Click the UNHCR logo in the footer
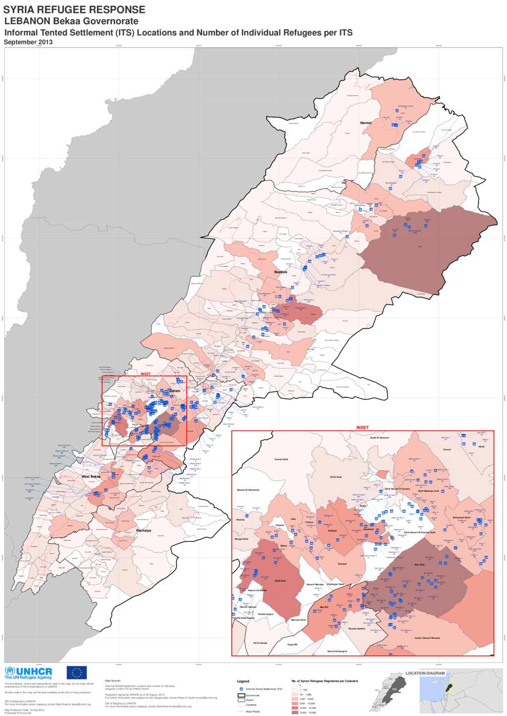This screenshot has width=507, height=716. coord(28,673)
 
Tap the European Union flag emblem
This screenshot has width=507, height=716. coord(77,672)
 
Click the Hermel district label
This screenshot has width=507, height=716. coord(366,123)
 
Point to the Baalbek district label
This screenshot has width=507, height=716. coord(281,272)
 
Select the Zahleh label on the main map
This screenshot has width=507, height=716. coord(174,391)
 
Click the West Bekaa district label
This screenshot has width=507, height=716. coord(91,477)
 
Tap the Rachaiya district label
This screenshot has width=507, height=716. coord(144,531)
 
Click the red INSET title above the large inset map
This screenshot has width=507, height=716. coord(362,427)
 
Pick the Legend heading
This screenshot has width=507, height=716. coord(243,681)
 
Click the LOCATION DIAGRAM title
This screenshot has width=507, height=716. coord(425,673)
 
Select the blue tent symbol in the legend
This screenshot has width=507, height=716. coord(241,689)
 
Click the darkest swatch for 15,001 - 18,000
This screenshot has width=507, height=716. coord(295,713)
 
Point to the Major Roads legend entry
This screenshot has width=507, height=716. coord(253,712)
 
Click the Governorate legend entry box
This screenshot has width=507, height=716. coord(242,695)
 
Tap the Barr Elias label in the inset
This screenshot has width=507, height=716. coord(419,564)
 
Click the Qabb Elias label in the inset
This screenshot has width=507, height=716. coord(280,581)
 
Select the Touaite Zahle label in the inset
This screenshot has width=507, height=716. coord(281,459)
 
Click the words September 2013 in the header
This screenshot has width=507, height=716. coord(28,42)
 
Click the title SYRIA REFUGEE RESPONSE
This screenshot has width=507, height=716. coord(74,9)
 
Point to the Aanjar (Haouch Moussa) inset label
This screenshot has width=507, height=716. coord(427,638)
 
